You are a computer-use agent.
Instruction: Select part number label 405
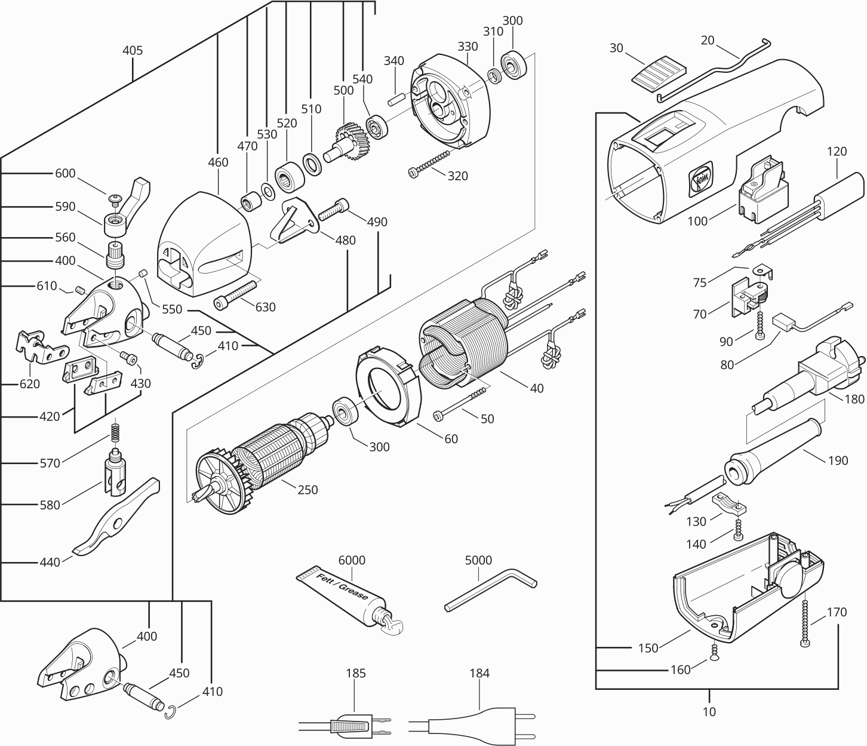click(x=133, y=51)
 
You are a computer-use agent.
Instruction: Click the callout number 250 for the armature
click(x=308, y=490)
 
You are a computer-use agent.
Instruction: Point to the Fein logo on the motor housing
click(x=698, y=178)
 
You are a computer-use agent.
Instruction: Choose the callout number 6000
click(x=352, y=560)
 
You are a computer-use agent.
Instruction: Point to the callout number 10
click(x=709, y=711)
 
